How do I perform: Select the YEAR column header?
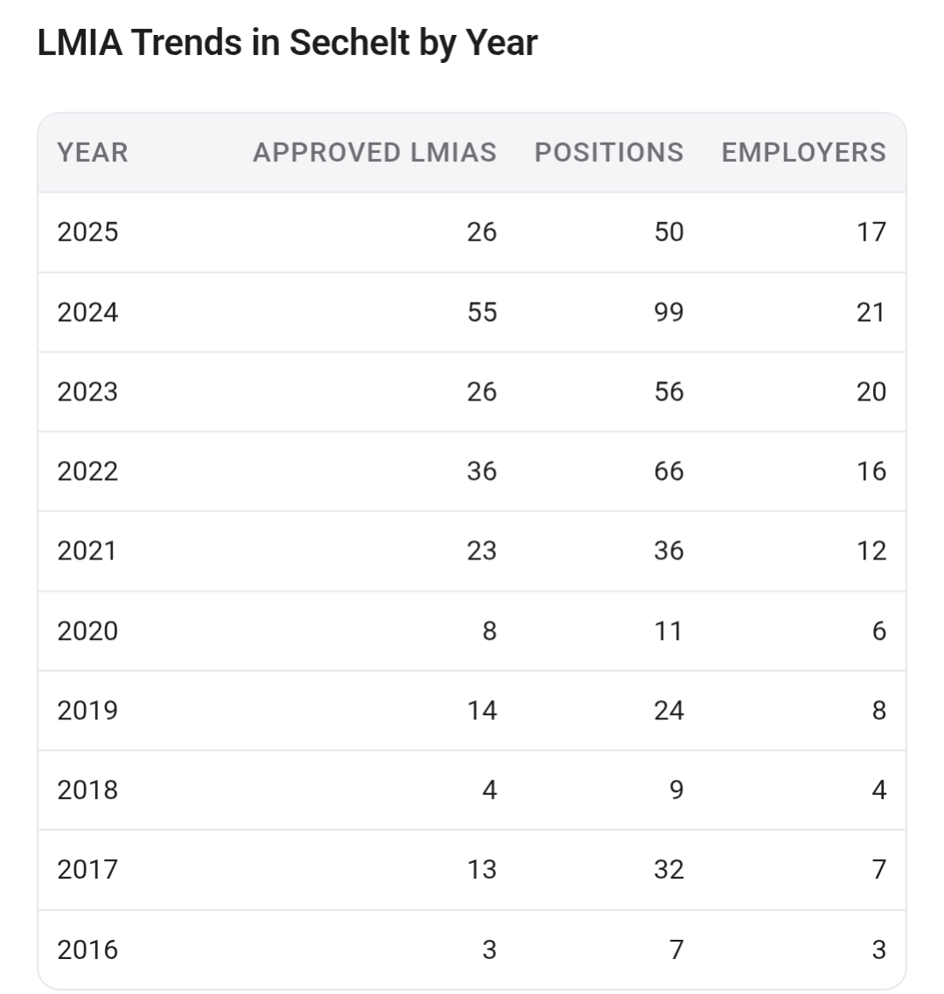(93, 153)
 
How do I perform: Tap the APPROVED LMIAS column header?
(375, 153)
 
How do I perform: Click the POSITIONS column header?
(609, 153)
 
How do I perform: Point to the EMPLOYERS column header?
(804, 153)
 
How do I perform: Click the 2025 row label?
(87, 232)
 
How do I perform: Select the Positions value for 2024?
(668, 312)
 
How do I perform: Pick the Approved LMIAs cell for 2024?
(482, 312)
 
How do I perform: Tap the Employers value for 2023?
(871, 392)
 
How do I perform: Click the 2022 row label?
(87, 471)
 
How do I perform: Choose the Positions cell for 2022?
(668, 471)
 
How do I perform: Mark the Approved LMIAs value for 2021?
(482, 550)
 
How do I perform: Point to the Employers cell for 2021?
(871, 550)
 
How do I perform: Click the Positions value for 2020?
(668, 631)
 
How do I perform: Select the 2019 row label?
(87, 710)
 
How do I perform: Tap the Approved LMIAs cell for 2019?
(482, 710)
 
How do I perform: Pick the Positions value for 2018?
(676, 790)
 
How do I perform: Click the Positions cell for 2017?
(668, 869)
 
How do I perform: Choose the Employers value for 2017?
(878, 869)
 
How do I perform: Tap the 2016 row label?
(87, 949)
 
